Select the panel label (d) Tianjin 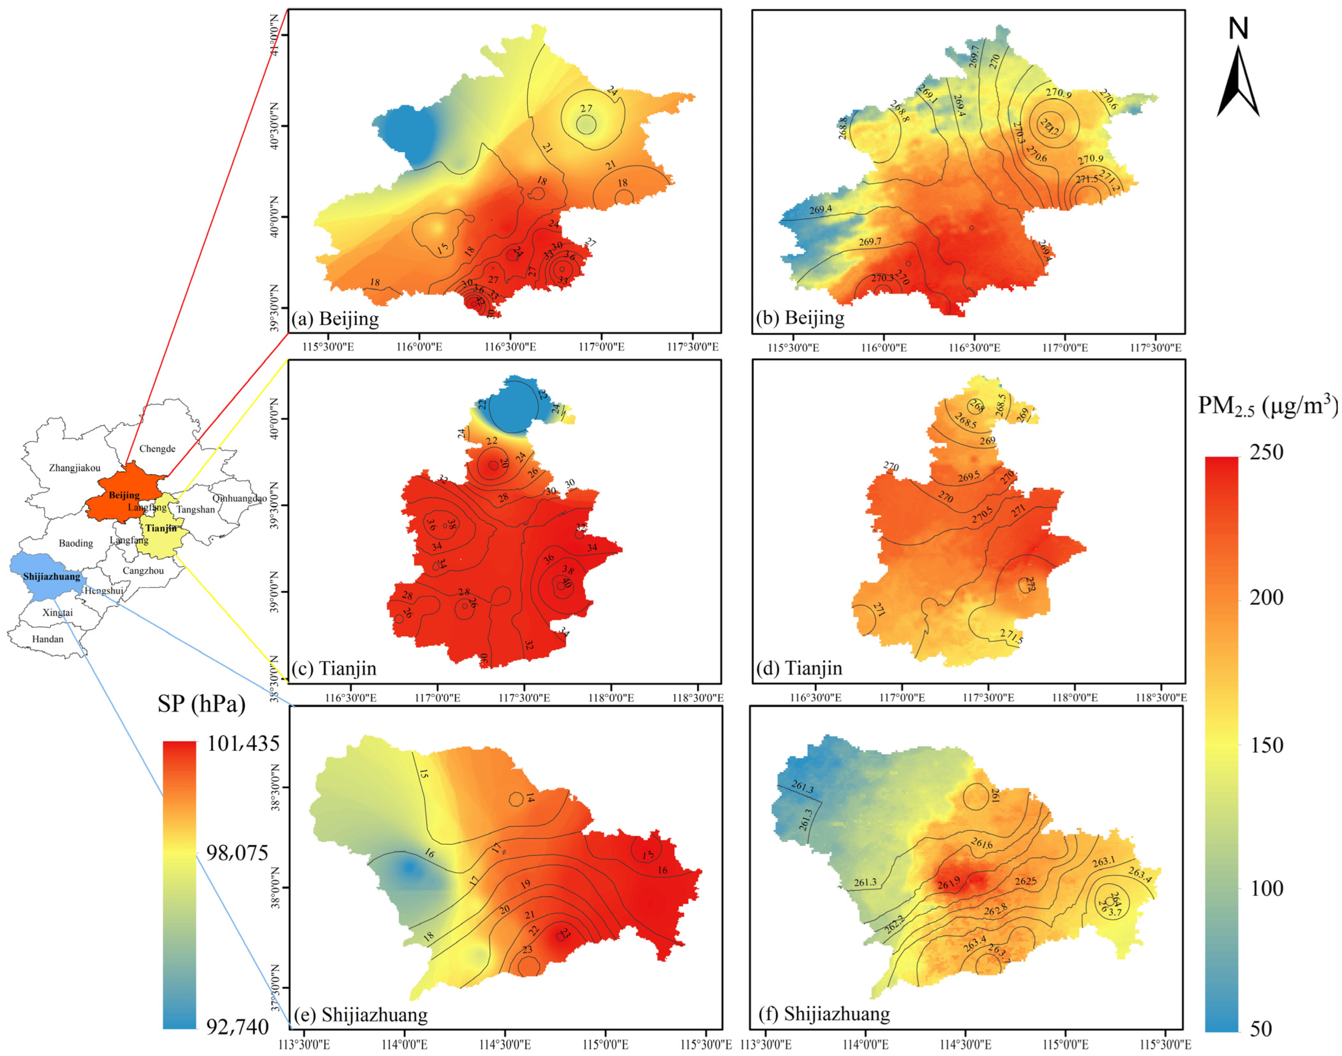[799, 668]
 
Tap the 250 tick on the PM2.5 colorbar [1266, 452]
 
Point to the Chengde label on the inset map [157, 449]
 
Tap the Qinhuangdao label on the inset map [239, 498]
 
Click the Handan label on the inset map [48, 639]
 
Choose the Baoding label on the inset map [76, 543]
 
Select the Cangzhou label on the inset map [143, 571]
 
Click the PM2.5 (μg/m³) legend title [1268, 406]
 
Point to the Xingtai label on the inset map [58, 613]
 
